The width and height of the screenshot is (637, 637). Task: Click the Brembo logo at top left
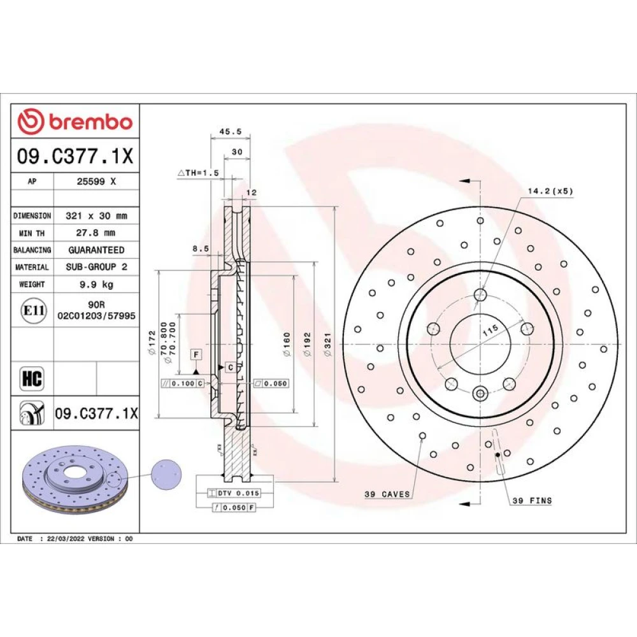click(75, 121)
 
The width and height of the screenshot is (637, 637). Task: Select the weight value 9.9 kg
click(96, 284)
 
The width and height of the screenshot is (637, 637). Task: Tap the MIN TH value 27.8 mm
click(96, 233)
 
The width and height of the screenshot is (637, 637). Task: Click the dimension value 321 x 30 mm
click(96, 216)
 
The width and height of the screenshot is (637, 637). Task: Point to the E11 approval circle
click(34, 311)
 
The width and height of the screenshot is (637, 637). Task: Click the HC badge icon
click(32, 378)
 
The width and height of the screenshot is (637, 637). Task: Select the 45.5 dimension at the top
click(231, 131)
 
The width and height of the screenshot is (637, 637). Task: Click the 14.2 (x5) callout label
click(550, 190)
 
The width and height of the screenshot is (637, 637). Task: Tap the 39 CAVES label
click(387, 494)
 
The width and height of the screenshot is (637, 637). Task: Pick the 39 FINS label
click(532, 501)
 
